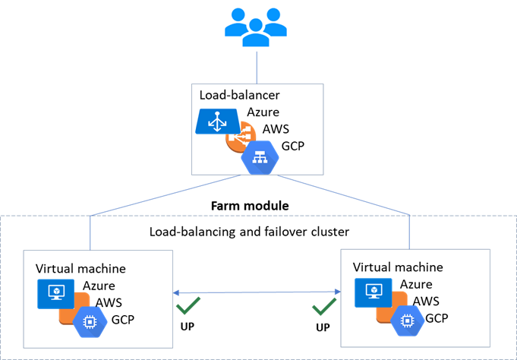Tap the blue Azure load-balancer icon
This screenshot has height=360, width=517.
(x=218, y=122)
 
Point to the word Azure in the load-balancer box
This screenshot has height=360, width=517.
(x=263, y=112)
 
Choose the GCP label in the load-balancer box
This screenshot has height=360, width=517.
(x=292, y=145)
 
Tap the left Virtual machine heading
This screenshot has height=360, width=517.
(x=80, y=268)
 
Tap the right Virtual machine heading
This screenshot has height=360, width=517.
(x=399, y=267)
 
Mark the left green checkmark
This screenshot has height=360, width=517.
(x=185, y=308)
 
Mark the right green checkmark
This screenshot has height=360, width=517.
(x=325, y=308)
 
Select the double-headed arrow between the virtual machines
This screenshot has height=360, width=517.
(x=254, y=292)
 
